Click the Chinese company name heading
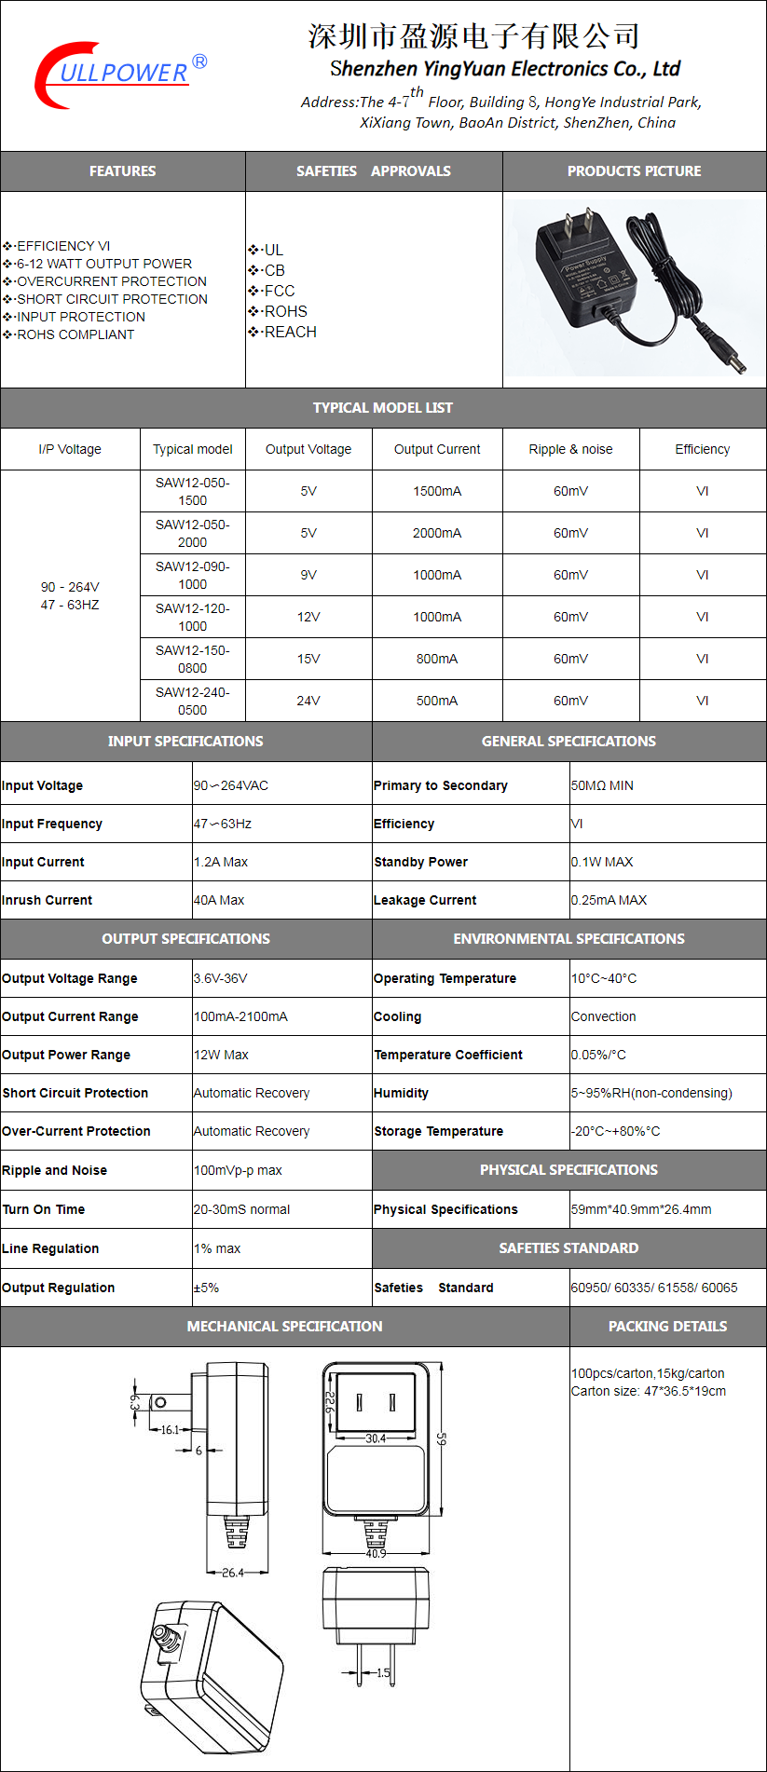pos(473,36)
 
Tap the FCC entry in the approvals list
pos(279,291)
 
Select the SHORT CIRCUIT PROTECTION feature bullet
pos(112,299)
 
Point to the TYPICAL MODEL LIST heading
pos(383,408)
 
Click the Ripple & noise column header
pos(570,449)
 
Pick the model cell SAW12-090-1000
pos(192,575)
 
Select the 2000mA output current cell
pos(437,533)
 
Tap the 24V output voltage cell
pos(308,701)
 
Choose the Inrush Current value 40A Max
pos(219,900)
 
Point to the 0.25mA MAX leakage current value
pos(609,900)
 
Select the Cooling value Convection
pos(604,1016)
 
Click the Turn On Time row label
pos(44,1209)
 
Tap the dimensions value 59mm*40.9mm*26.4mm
pos(641,1209)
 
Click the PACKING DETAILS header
pos(667,1327)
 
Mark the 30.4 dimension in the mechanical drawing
pos(376,1438)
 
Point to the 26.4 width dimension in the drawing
pos(233,1573)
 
